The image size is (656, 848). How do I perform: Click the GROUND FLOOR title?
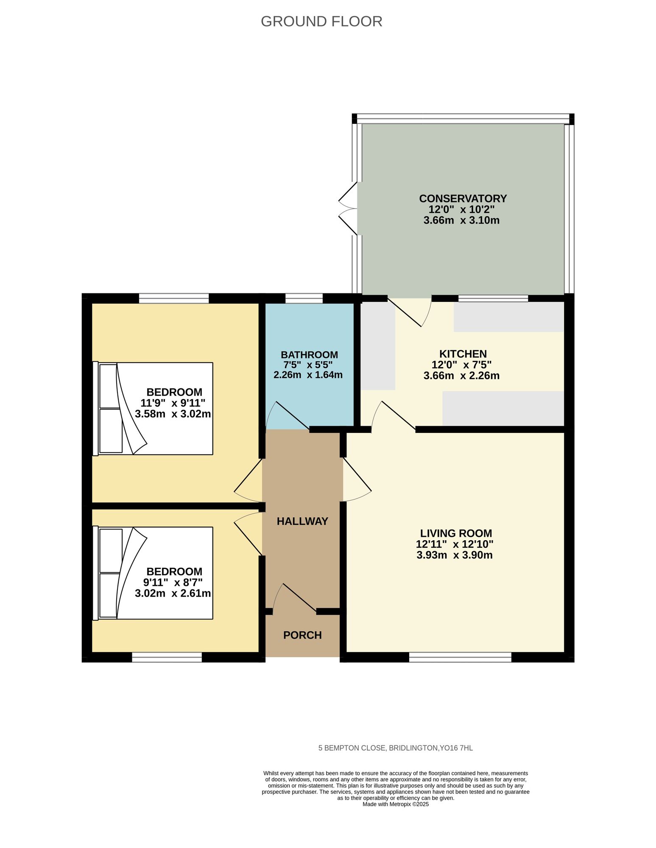click(x=321, y=21)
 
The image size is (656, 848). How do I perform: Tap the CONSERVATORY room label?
click(x=463, y=198)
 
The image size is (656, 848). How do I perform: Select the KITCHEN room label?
click(x=463, y=354)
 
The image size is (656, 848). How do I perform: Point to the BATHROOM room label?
click(x=309, y=354)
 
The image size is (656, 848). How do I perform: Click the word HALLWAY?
click(x=302, y=521)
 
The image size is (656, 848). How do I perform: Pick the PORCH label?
click(x=302, y=635)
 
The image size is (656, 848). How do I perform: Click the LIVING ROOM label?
click(x=456, y=533)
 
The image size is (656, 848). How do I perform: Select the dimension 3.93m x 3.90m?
click(x=455, y=555)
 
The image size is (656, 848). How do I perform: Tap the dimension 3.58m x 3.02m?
click(x=173, y=414)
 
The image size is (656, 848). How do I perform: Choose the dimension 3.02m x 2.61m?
click(x=173, y=593)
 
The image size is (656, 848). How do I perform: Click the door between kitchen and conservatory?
click(x=410, y=312)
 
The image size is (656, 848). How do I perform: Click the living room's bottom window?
click(x=460, y=657)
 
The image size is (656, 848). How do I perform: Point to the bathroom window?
click(x=304, y=298)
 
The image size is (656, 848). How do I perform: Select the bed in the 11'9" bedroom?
click(x=153, y=408)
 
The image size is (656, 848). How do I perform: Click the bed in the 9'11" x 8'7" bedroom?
click(x=153, y=573)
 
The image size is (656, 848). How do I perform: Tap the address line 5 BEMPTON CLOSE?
click(x=396, y=748)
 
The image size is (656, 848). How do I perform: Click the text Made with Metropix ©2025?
click(x=396, y=804)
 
